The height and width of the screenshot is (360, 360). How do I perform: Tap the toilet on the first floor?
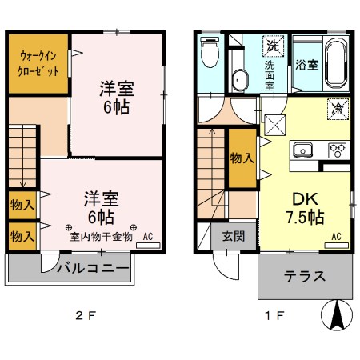tap(210, 54)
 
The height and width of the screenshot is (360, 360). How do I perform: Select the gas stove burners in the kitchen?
tap(337, 150)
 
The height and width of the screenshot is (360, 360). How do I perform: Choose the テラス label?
tap(305, 277)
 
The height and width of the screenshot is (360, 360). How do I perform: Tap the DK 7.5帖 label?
tap(304, 206)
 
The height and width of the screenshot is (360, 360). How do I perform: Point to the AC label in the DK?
tap(336, 236)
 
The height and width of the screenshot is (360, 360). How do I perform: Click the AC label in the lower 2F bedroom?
tap(147, 237)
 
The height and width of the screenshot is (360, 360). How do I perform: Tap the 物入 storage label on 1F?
tap(242, 158)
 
